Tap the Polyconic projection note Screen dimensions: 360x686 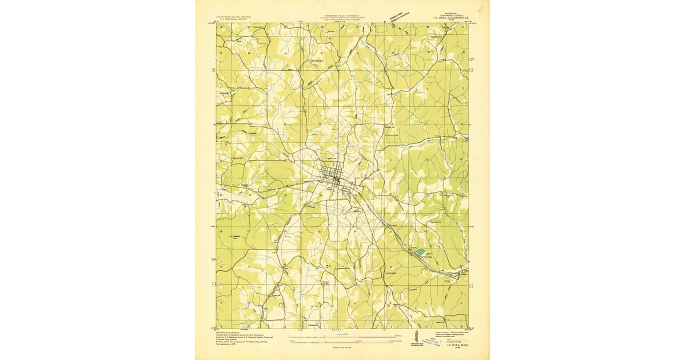(446, 333)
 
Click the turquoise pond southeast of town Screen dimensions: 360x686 (421, 251)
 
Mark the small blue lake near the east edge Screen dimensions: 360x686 (466, 138)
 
